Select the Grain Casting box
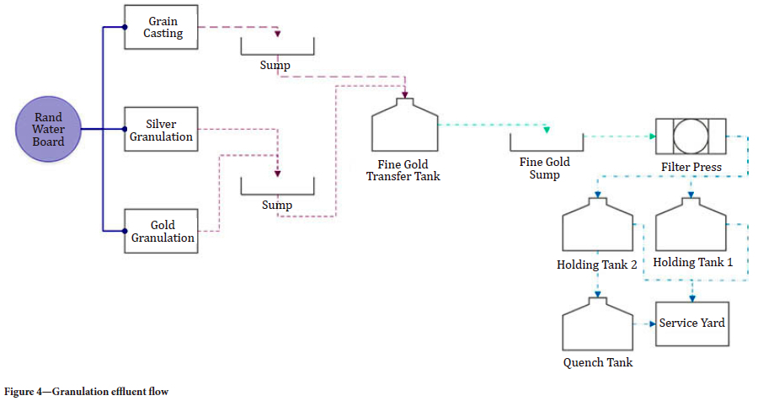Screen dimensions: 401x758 coord(161,27)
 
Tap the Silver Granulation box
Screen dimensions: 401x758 coord(161,130)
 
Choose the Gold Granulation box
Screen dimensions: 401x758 coord(161,231)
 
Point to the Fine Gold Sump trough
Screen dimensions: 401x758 coord(546,140)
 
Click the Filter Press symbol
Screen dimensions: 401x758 coord(691,136)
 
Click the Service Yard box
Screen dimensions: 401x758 coord(691,323)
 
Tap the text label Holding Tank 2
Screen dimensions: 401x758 coord(596,265)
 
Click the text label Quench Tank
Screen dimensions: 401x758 coord(597,362)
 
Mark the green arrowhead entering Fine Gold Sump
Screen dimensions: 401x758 coord(546,130)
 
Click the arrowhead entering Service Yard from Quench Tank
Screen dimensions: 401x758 coord(652,323)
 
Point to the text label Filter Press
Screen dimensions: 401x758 coord(691,167)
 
